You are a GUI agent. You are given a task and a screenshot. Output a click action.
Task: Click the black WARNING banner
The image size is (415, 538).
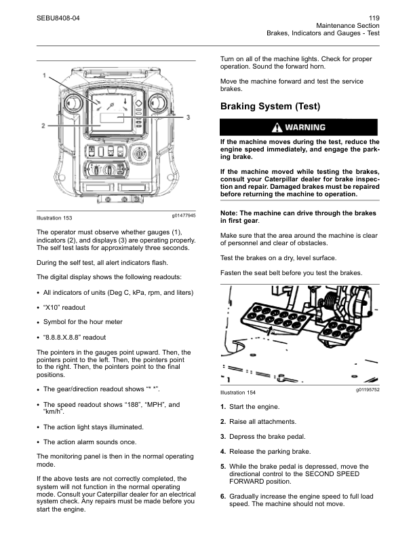[x=298, y=127]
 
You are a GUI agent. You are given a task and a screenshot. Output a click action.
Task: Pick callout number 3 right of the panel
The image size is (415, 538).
[x=187, y=117]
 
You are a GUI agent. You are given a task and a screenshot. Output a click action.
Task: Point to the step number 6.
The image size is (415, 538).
[x=223, y=497]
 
